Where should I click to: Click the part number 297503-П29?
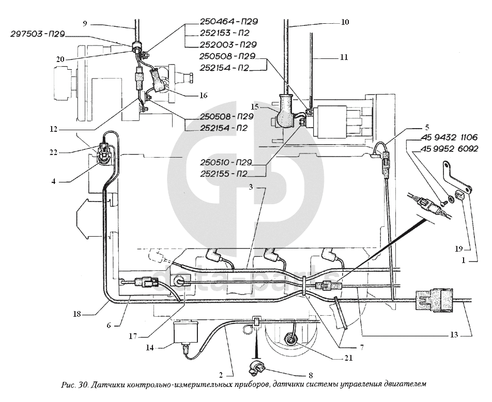point(38,34)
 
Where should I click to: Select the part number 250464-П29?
point(229,21)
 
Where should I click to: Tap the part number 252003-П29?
point(228,44)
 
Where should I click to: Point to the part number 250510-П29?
point(226,162)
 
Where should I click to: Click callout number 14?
point(150,348)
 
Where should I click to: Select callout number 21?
point(348,358)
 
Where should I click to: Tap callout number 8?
point(311,375)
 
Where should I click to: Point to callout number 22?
point(53,152)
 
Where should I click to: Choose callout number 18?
point(77,314)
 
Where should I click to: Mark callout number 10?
point(345,22)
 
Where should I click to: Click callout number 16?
point(203,95)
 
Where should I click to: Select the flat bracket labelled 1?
point(457,178)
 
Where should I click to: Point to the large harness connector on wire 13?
point(434,301)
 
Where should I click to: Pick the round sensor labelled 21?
point(289,339)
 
